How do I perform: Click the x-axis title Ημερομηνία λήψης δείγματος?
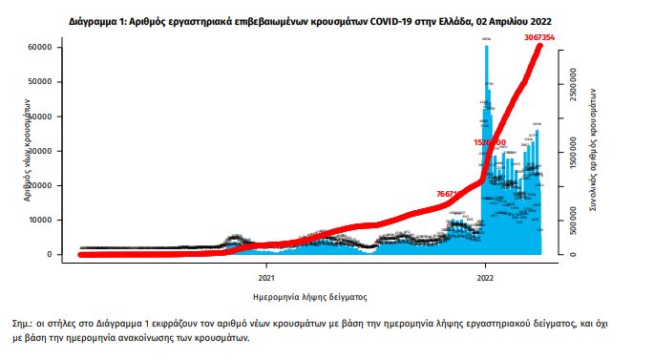coord(309,296)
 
